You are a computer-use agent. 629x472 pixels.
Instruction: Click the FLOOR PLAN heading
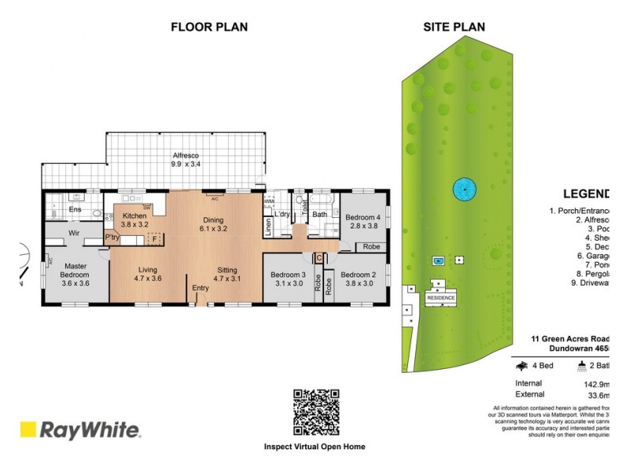(209, 27)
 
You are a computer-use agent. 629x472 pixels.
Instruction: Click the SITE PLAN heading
(454, 27)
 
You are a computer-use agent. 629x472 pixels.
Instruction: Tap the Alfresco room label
(187, 156)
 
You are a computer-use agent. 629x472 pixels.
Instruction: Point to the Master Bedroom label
(75, 269)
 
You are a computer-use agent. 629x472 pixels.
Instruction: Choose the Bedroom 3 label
(288, 275)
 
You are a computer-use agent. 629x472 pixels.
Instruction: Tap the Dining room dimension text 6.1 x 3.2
(213, 230)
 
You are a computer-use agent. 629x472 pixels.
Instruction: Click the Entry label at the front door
(200, 288)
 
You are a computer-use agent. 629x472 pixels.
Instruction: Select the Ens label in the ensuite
(75, 210)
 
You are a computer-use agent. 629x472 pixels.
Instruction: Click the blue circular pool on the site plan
(465, 189)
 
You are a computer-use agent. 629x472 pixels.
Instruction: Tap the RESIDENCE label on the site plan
(441, 299)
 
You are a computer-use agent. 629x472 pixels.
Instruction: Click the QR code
(316, 412)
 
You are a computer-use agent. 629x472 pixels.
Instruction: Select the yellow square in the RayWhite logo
(28, 430)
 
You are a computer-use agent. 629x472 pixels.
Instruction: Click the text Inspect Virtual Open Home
(314, 447)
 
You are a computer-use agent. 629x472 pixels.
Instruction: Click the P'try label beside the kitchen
(112, 236)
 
